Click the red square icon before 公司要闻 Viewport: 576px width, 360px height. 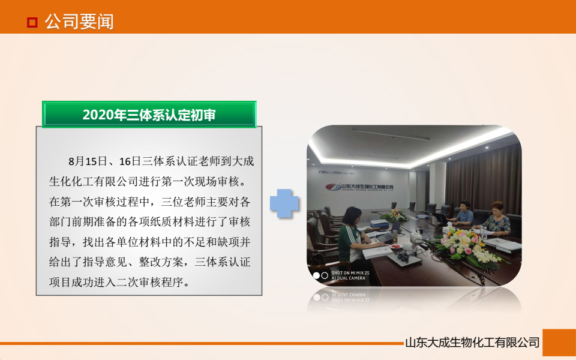(x=32, y=23)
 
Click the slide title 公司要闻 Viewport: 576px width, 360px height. (x=79, y=22)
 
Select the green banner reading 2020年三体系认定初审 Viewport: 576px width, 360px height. (x=149, y=115)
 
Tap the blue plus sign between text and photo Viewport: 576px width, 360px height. (x=284, y=204)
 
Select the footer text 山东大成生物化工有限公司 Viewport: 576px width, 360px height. (x=472, y=343)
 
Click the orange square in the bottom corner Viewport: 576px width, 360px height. (x=559, y=343)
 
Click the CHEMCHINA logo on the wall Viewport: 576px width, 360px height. (x=330, y=170)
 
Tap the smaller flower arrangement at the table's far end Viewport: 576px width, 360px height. (x=397, y=214)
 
